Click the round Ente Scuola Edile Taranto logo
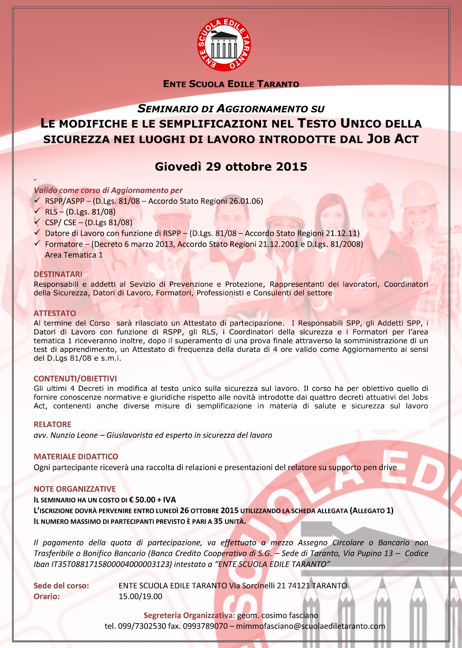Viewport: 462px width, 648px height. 224,44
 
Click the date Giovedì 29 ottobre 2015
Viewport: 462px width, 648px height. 231,167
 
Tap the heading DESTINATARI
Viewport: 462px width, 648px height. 58,274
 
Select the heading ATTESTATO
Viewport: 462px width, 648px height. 55,313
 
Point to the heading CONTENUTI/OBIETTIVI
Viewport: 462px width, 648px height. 75,379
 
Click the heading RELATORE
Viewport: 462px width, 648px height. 52,424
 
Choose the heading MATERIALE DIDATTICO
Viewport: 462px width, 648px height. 76,456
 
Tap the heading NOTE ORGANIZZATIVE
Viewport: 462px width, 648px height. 75,489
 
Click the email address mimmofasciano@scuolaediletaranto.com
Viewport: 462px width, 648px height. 310,626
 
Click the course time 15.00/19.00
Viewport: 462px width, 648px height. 140,597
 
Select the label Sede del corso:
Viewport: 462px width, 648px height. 61,586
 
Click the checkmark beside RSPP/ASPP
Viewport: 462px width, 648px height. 37,201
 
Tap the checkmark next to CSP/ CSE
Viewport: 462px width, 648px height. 37,222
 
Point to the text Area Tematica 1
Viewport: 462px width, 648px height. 74,255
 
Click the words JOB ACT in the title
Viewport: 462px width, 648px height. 392,139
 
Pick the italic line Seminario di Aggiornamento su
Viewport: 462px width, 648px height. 231,109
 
